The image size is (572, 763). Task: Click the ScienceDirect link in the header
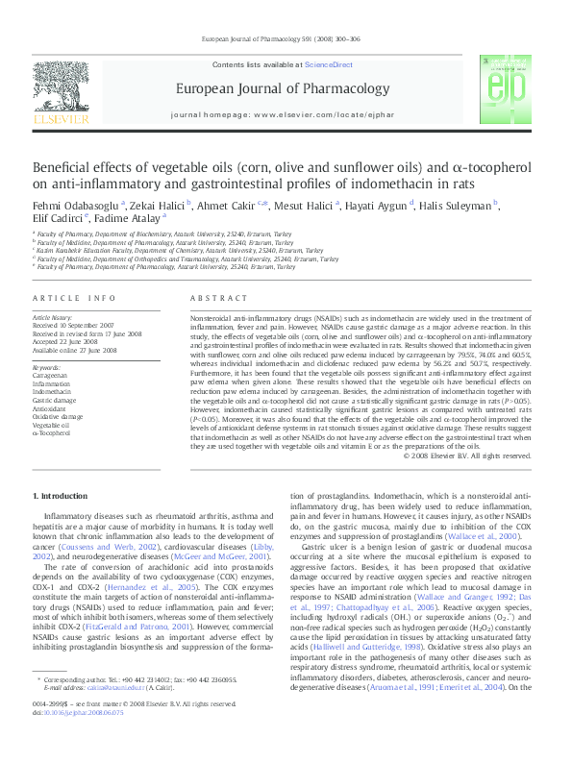pos(329,64)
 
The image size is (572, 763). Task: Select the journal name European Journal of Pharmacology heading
pos(271,90)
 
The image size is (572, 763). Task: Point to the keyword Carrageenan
pos(50,376)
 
